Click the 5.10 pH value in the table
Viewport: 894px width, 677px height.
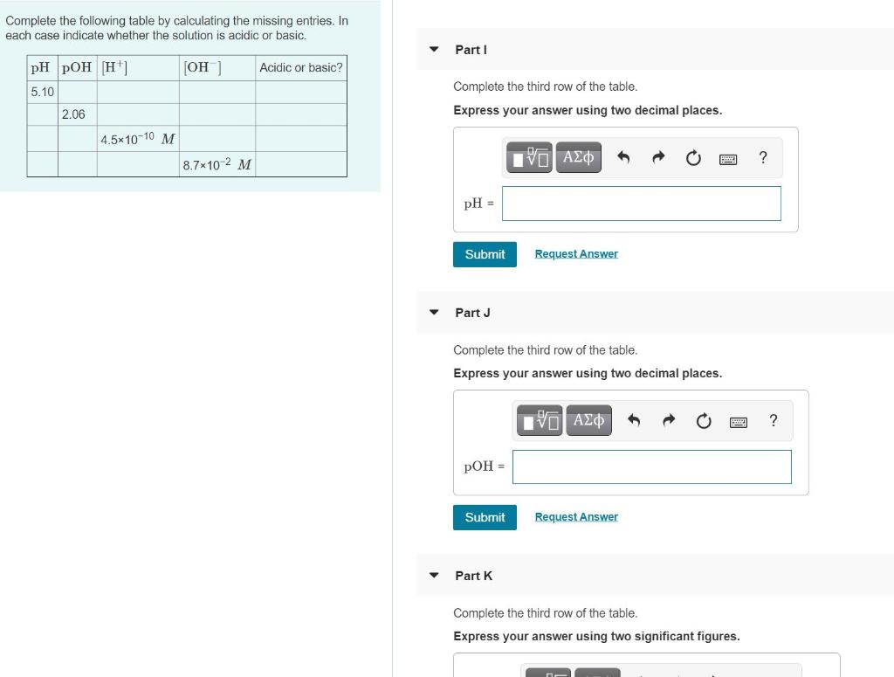point(42,92)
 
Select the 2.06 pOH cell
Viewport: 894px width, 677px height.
point(73,114)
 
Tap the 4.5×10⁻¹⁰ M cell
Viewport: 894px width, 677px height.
point(138,139)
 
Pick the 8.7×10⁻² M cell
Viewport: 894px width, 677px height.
point(217,164)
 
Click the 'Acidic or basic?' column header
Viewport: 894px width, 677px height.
point(301,68)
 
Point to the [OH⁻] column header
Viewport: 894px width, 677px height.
point(203,68)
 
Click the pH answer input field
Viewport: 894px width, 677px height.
point(641,204)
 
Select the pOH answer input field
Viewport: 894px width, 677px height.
point(651,466)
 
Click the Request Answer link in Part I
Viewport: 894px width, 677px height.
point(576,254)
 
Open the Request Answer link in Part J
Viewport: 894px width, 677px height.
point(576,517)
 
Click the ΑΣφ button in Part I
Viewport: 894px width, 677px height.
point(578,158)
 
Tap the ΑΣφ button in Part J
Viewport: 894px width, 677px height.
point(588,421)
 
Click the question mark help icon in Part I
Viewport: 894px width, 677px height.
point(763,158)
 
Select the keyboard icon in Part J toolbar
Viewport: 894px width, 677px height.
point(738,422)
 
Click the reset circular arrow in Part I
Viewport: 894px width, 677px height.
point(693,158)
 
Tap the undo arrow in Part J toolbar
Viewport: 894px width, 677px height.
point(634,421)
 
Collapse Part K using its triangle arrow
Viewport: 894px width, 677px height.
point(434,576)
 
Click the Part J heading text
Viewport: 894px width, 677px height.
point(472,313)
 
